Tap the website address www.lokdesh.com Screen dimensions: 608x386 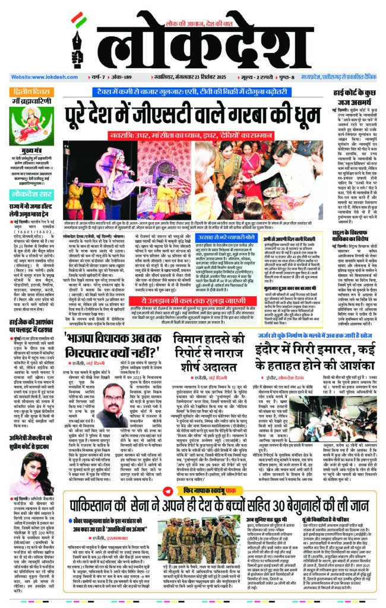point(45,77)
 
